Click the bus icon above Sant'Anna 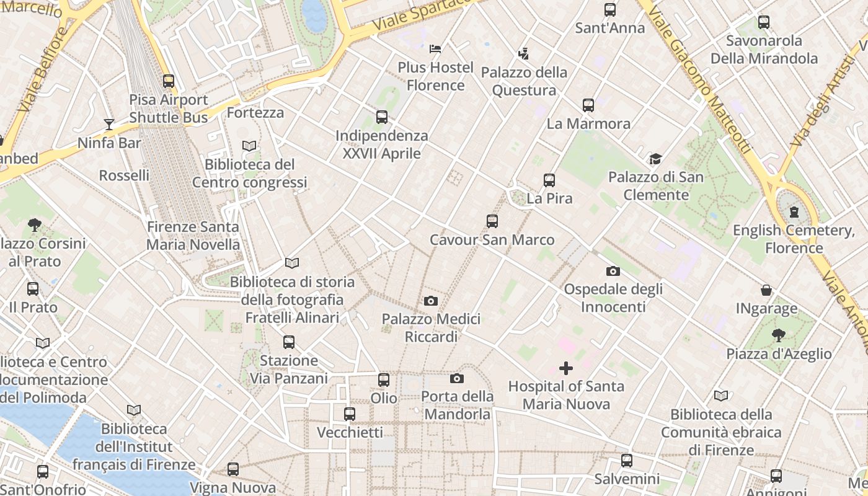(x=610, y=10)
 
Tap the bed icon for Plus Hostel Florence (x=435, y=49)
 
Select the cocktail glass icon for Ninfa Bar (x=109, y=125)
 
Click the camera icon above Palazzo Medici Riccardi (x=431, y=301)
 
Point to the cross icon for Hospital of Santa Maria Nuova (x=566, y=368)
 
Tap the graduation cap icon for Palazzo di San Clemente (x=655, y=159)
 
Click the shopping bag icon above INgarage (x=766, y=290)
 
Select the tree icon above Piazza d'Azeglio (x=779, y=336)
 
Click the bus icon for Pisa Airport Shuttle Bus (x=169, y=81)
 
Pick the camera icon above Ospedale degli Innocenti (x=613, y=271)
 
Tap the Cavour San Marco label (x=492, y=240)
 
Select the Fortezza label (x=255, y=113)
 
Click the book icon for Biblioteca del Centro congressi (x=249, y=146)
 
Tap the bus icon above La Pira (x=549, y=180)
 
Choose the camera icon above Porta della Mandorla (x=457, y=378)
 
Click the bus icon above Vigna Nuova (x=233, y=469)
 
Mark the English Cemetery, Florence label (x=794, y=239)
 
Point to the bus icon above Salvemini (x=627, y=461)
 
